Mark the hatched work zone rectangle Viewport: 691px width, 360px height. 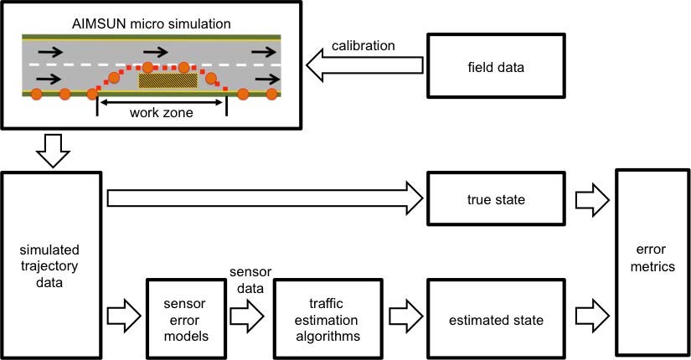click(x=168, y=80)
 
